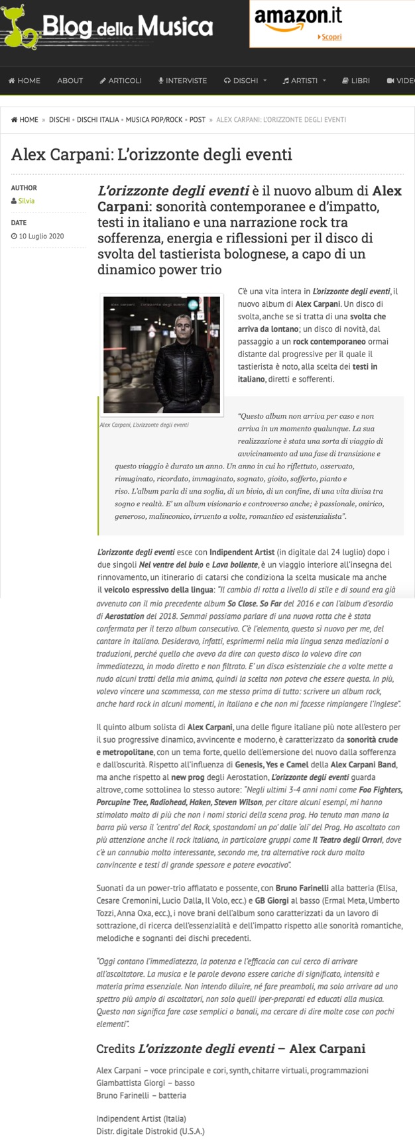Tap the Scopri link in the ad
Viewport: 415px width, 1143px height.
331,37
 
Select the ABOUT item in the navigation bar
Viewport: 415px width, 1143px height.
70,81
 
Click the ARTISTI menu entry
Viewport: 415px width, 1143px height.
304,81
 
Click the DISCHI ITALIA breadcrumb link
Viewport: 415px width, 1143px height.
98,120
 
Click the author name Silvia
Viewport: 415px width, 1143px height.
27,201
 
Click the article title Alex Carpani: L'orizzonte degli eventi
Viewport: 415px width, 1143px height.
152,156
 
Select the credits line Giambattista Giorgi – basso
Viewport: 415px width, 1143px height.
145,1083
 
